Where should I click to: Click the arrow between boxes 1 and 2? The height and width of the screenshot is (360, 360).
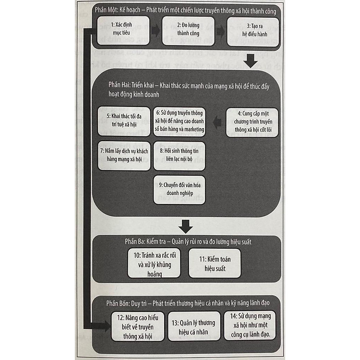(155, 31)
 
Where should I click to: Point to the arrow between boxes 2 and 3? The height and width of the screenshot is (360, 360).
(220, 31)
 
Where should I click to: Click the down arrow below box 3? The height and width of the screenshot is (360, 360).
(252, 61)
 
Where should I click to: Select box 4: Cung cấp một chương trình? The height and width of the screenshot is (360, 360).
(253, 122)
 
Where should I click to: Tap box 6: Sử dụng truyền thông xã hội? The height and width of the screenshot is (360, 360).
(180, 121)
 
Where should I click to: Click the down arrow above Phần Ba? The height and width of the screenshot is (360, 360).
(185, 225)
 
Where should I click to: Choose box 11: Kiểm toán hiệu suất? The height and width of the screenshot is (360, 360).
(214, 263)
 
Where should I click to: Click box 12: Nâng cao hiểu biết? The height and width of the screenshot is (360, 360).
(138, 326)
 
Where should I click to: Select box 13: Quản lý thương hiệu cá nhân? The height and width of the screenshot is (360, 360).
(194, 326)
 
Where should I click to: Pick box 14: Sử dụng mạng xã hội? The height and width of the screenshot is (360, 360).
(250, 326)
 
